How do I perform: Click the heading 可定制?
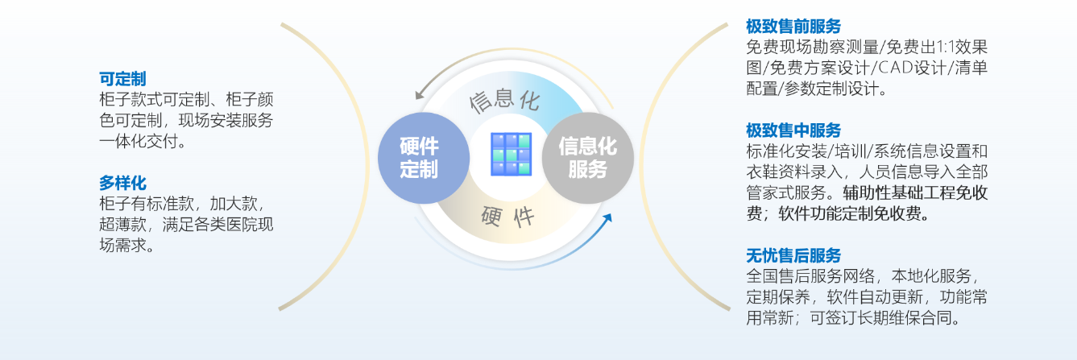(122, 79)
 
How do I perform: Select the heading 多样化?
(122, 183)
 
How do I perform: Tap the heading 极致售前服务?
(793, 27)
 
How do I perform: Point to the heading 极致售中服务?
(793, 130)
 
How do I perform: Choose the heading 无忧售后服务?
(793, 255)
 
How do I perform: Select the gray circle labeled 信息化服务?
(587, 158)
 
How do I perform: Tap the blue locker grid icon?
(511, 155)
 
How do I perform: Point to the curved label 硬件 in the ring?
(508, 217)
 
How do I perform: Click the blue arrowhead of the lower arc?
(607, 219)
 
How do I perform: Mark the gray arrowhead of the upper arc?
(420, 93)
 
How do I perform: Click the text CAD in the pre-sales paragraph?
(896, 68)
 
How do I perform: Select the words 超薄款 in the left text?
(122, 225)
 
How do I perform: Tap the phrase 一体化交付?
(139, 141)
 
